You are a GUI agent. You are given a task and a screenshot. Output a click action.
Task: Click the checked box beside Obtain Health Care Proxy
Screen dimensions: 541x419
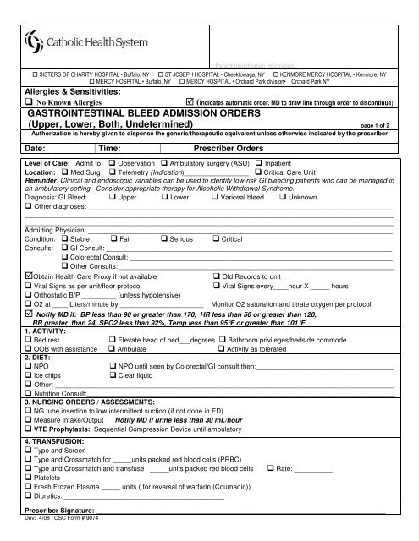(30, 276)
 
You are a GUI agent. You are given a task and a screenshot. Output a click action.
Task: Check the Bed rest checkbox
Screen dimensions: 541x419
(30, 340)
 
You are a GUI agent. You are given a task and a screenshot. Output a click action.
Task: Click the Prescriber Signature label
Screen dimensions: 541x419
(64, 511)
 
